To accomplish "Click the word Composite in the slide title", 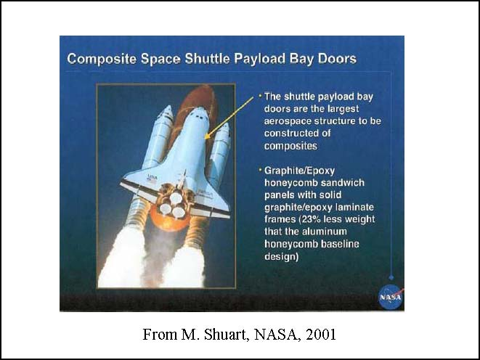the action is [102, 59].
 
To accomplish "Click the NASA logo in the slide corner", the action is [391, 297].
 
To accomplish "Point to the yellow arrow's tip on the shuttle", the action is [205, 139].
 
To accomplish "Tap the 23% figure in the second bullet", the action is [310, 219].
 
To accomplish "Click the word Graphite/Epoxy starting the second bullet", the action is [299, 171].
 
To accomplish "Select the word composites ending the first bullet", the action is [290, 146].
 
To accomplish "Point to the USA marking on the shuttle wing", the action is [152, 177].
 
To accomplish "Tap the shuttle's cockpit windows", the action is [199, 117].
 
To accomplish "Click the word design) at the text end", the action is [281, 256].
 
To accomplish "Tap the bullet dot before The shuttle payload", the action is [260, 96].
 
